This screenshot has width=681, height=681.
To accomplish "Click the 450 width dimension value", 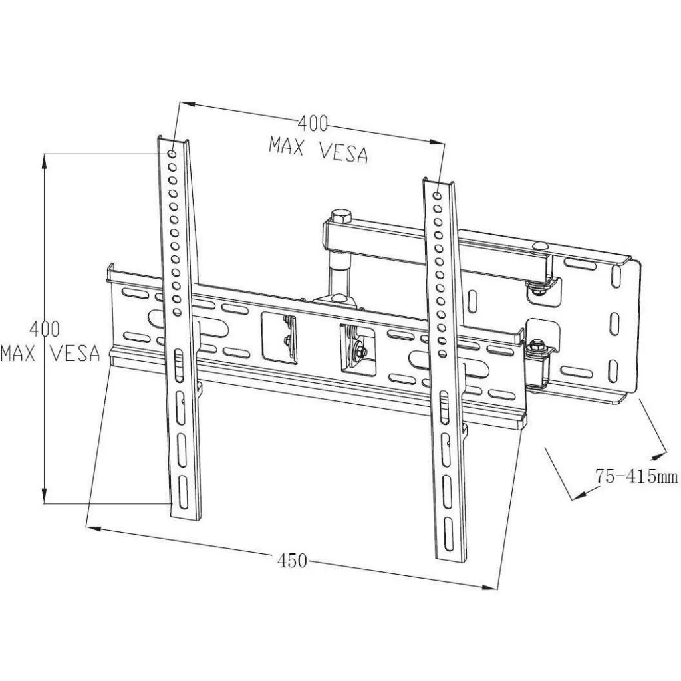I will (x=292, y=561).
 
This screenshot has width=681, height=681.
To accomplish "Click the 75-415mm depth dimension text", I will (x=636, y=476).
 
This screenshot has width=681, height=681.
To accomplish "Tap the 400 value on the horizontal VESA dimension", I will (x=313, y=124).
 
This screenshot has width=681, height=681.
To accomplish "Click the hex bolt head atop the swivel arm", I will (x=339, y=217).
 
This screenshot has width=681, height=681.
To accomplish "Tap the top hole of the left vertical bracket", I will (x=172, y=144).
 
